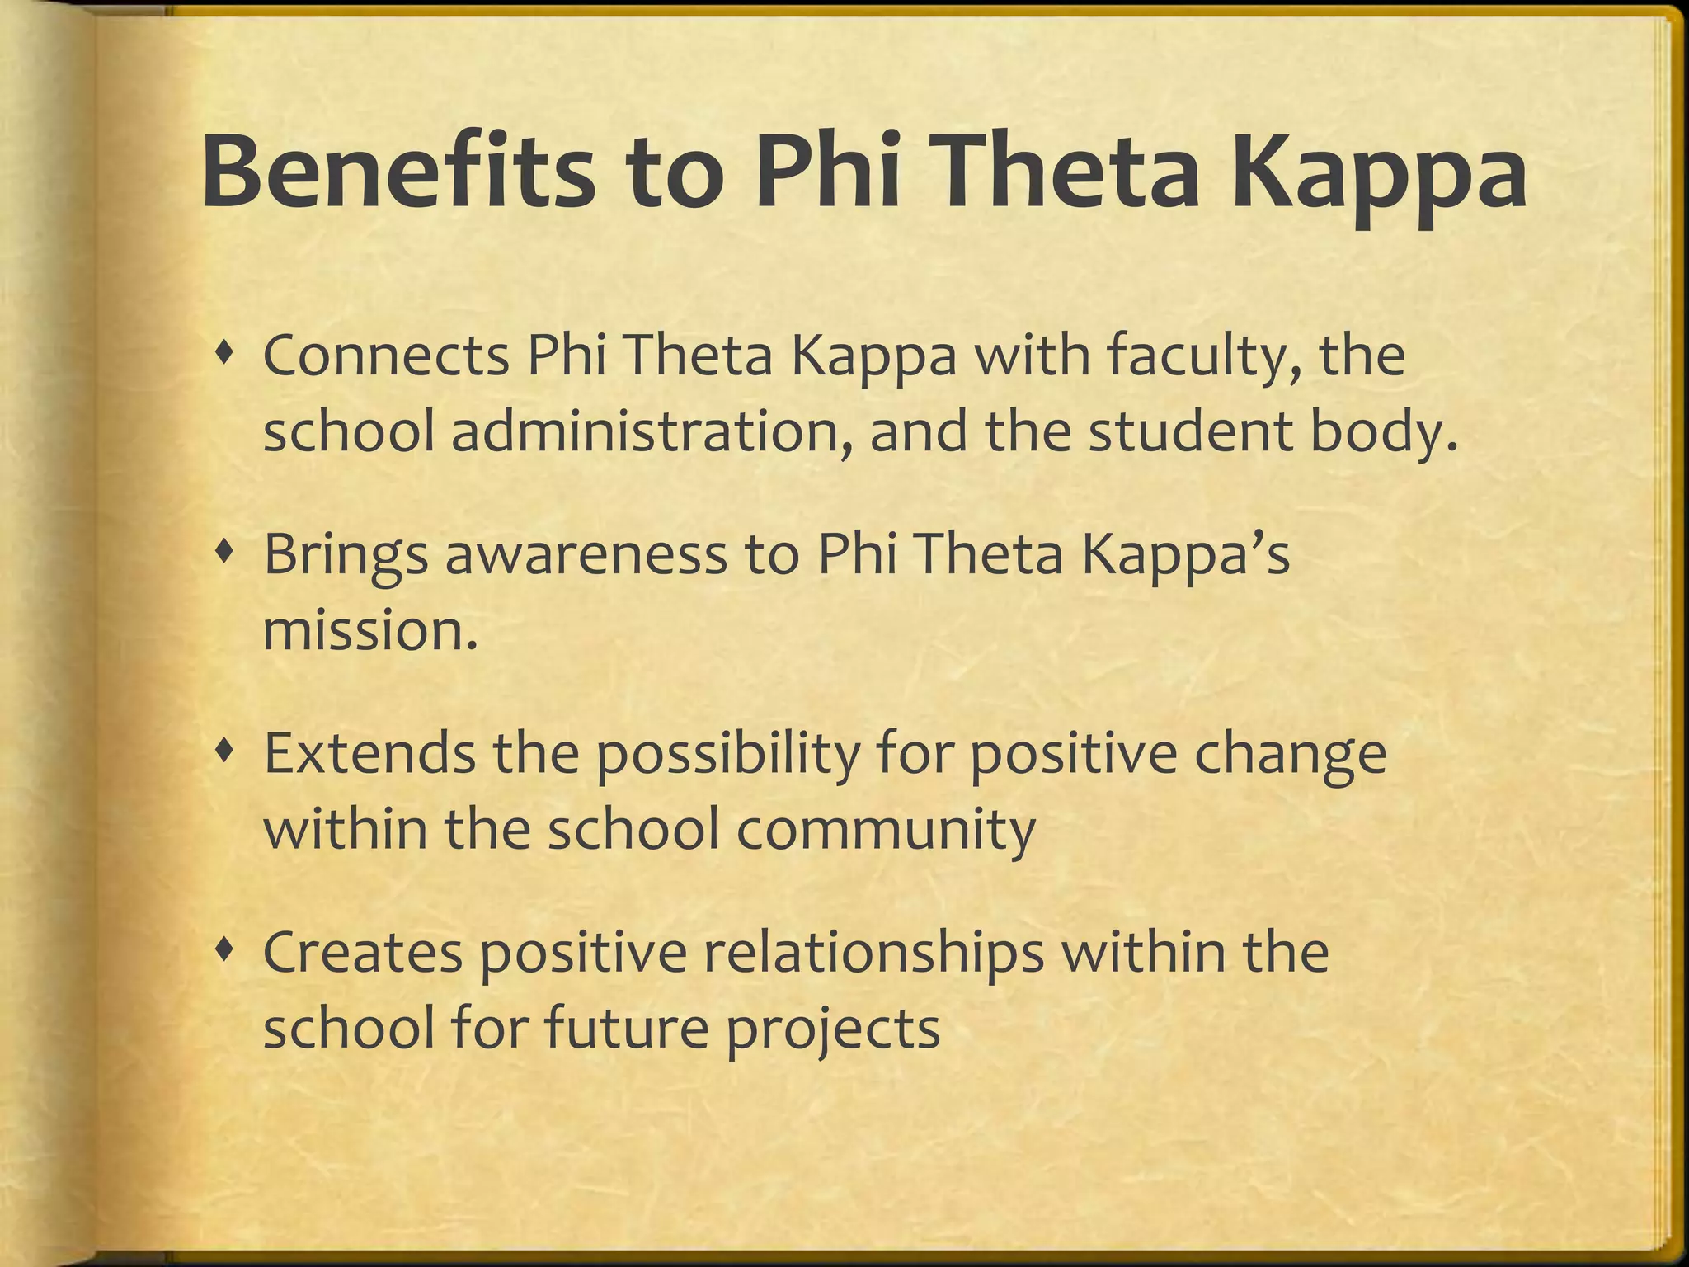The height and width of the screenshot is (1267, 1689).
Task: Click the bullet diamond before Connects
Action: [x=223, y=354]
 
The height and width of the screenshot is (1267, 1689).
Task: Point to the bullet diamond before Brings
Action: [x=223, y=553]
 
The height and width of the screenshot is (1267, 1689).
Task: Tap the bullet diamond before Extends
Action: [x=223, y=752]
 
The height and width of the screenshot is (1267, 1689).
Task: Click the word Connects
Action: [x=386, y=356]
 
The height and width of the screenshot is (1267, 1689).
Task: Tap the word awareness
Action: [x=586, y=554]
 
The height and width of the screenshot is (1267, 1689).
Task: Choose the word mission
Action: [x=369, y=630]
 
